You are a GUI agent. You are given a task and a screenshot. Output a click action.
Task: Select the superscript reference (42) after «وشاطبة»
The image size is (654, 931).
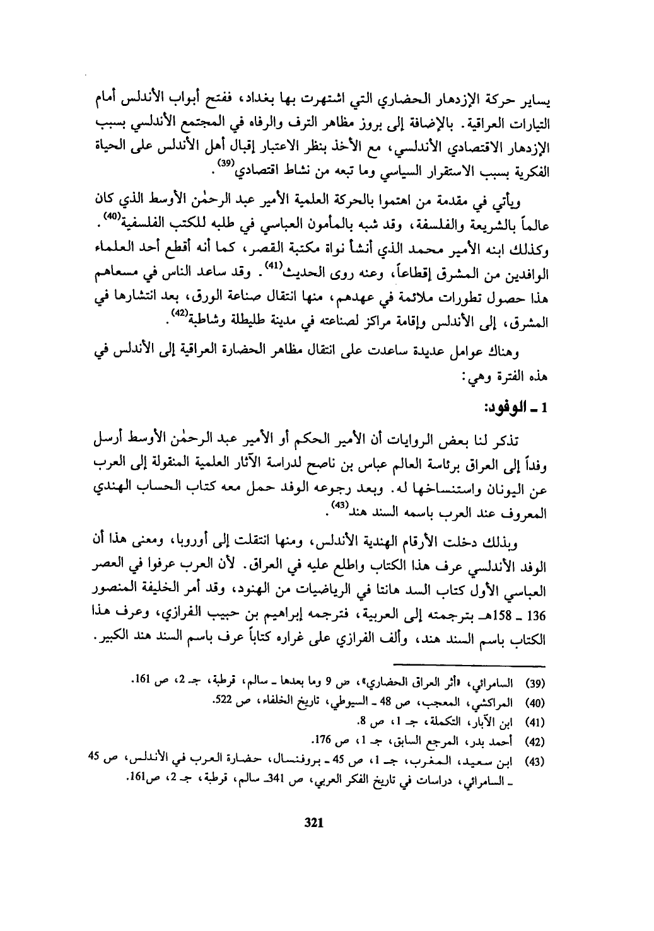[178, 313]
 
